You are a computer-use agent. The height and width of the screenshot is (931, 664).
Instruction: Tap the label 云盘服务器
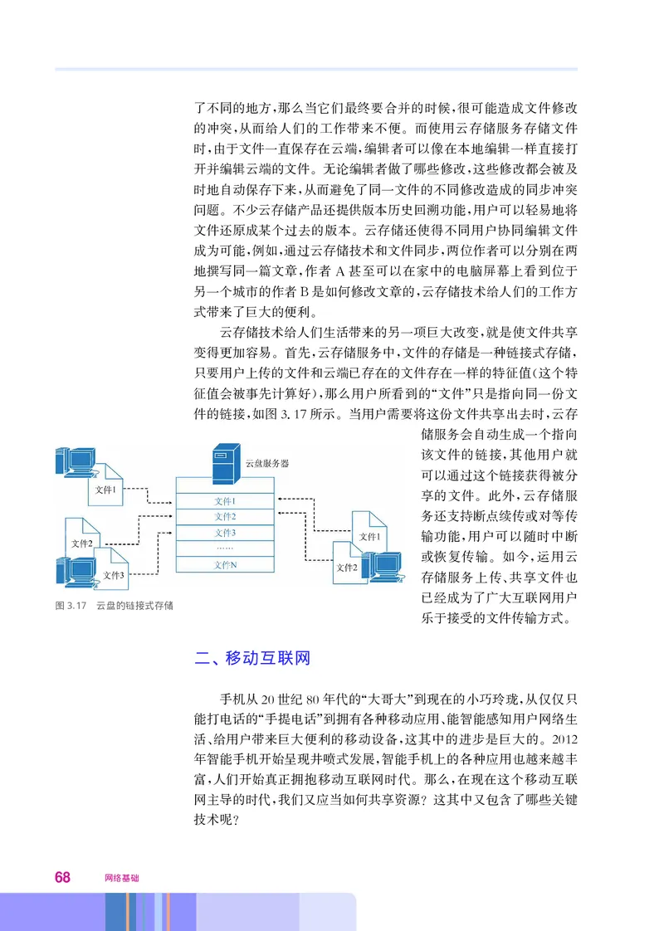coord(267,464)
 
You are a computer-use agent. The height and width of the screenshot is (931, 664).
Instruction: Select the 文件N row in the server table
coord(225,564)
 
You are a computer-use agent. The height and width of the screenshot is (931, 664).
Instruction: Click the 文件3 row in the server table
coord(225,533)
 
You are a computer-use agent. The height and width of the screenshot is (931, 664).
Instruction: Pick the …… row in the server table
coord(225,548)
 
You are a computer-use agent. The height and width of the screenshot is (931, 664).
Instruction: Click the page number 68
coord(63,877)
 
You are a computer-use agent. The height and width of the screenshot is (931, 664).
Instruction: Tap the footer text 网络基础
coord(122,878)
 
